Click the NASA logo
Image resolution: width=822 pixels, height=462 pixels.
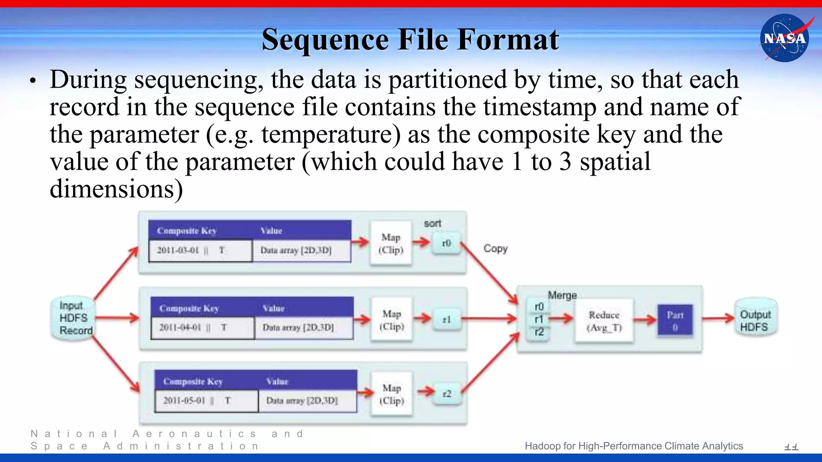785,38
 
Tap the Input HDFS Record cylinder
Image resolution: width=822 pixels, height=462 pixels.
74,318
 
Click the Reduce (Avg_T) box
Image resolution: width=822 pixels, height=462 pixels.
604,321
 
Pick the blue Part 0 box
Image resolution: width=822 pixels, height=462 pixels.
675,321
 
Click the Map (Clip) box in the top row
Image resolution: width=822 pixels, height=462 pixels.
391,243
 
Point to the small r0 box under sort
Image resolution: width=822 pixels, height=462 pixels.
446,243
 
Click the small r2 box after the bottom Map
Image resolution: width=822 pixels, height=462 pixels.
446,394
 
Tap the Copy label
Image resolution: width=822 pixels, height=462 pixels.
495,249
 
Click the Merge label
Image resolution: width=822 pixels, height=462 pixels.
562,295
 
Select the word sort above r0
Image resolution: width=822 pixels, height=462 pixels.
432,223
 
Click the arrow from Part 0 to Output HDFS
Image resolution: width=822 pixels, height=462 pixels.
718,319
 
